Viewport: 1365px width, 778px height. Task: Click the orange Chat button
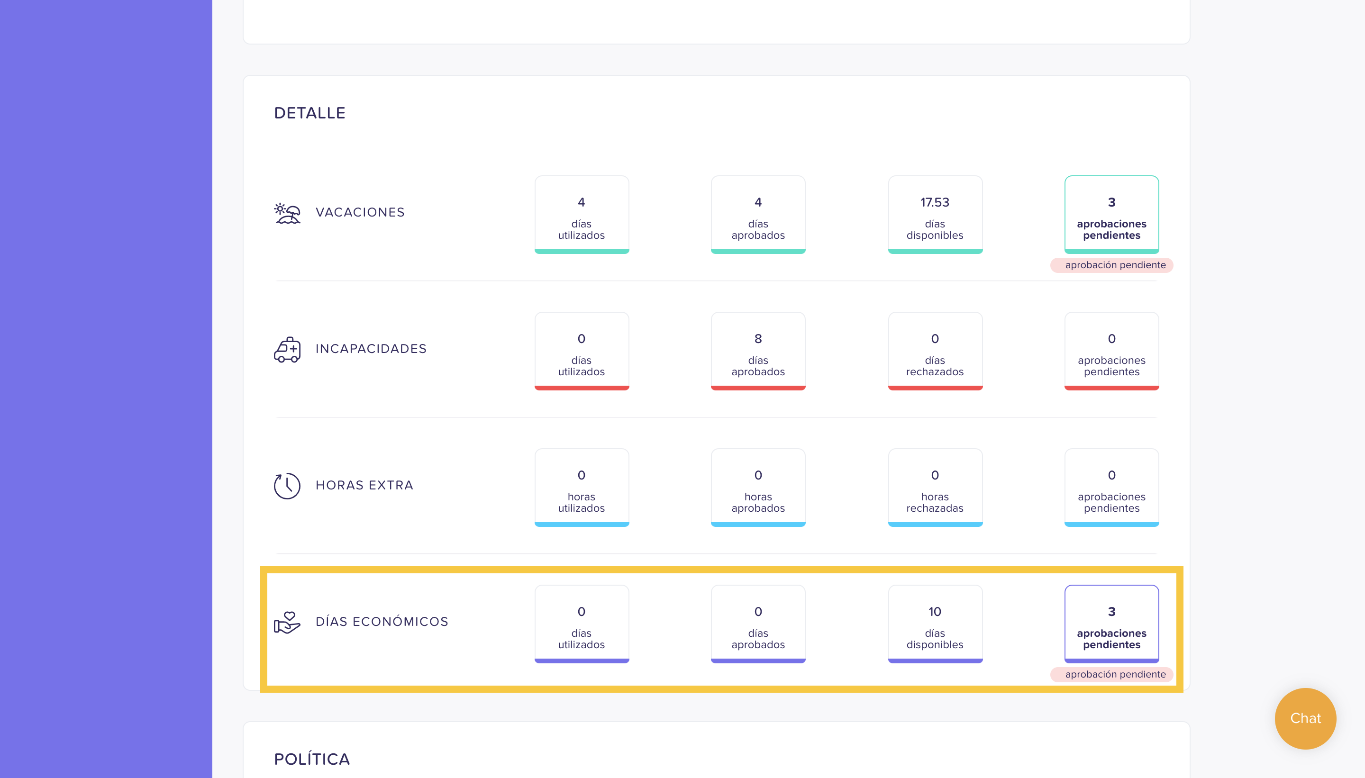[x=1305, y=718]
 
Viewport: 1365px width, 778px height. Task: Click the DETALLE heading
[x=310, y=113]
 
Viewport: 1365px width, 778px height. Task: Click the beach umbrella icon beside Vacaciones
[x=288, y=213]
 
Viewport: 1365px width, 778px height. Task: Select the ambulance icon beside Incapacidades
[x=288, y=350]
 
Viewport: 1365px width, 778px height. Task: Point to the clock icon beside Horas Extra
[x=287, y=486]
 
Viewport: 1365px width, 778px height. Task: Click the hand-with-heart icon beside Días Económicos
[x=288, y=623]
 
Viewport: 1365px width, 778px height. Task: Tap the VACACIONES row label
[x=360, y=212]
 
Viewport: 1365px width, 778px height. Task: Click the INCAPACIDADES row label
[x=371, y=348]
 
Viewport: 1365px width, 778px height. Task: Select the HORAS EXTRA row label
[x=364, y=485]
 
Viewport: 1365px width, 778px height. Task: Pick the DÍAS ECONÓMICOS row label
[x=382, y=622]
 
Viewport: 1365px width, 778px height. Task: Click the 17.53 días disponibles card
[x=935, y=214]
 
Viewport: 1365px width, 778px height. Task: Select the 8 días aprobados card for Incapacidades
[x=758, y=351]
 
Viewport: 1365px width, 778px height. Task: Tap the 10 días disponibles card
[x=935, y=624]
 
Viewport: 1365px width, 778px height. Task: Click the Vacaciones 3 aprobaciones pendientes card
[x=1111, y=214]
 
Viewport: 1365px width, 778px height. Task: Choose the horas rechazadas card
[x=935, y=488]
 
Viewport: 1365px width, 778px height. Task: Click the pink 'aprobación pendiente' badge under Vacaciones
[x=1111, y=265]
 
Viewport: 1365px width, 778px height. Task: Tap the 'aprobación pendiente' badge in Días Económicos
[x=1111, y=674]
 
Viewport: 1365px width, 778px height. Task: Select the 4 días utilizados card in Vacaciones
[x=582, y=214]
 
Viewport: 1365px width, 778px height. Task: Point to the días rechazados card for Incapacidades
[x=935, y=351]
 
